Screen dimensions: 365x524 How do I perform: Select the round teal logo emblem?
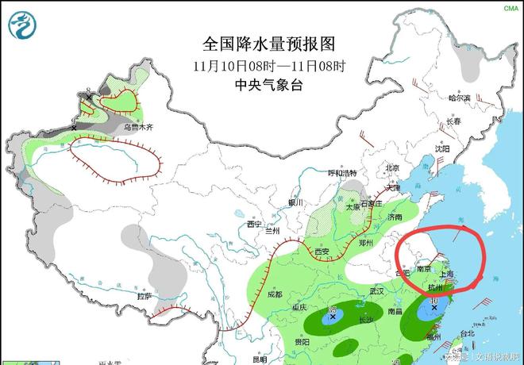click(x=23, y=25)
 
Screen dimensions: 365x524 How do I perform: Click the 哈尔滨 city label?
click(x=458, y=98)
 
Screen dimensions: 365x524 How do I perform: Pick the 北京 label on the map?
click(x=391, y=167)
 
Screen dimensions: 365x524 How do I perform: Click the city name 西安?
click(x=321, y=252)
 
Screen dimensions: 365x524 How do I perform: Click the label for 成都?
click(x=275, y=294)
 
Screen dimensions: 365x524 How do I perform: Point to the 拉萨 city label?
click(x=144, y=296)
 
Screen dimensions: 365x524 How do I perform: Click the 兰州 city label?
click(x=273, y=231)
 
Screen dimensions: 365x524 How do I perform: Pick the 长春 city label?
click(x=453, y=121)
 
